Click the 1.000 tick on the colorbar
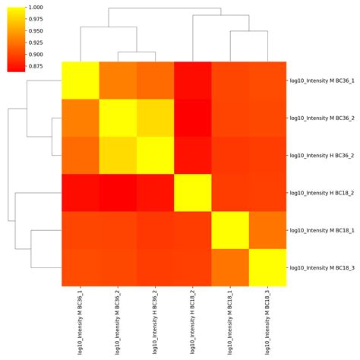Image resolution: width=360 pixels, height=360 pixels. click(x=36, y=7)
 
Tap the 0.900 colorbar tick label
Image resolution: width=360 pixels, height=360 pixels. click(x=36, y=55)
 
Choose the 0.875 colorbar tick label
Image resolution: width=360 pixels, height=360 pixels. click(x=36, y=67)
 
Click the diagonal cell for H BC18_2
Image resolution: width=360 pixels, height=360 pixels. click(x=193, y=192)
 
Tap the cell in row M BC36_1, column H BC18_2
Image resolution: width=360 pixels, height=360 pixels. click(x=193, y=80)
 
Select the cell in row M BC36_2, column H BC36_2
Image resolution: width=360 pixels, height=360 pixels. click(x=156, y=118)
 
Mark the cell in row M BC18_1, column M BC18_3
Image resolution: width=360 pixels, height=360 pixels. click(x=268, y=230)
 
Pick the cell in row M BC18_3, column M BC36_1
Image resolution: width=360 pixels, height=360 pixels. click(x=81, y=267)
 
